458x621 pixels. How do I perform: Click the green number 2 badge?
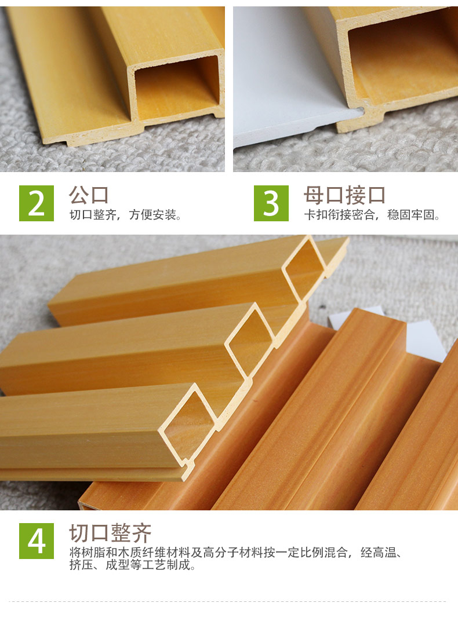click(x=37, y=203)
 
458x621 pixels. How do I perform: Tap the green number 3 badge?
click(x=271, y=203)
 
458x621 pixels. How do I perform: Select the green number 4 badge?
click(x=37, y=540)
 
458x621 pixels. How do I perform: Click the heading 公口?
click(x=89, y=195)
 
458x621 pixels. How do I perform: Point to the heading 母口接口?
click(x=344, y=195)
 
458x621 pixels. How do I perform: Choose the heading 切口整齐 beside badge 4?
click(x=110, y=533)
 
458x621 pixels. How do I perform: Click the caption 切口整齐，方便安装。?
click(x=125, y=215)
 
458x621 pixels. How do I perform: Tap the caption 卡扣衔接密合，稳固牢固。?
click(x=372, y=215)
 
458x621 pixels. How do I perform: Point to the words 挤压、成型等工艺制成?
click(x=129, y=565)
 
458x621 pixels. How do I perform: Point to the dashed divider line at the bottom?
click(x=229, y=601)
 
